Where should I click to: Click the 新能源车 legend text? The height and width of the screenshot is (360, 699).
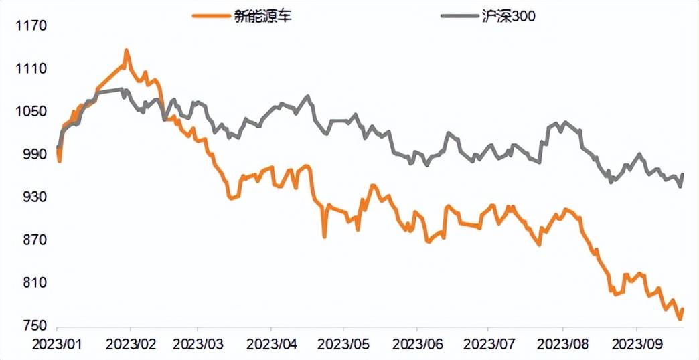[263, 16]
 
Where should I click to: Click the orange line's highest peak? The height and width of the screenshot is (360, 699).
[126, 50]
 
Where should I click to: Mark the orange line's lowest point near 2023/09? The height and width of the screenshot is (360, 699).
[680, 319]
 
